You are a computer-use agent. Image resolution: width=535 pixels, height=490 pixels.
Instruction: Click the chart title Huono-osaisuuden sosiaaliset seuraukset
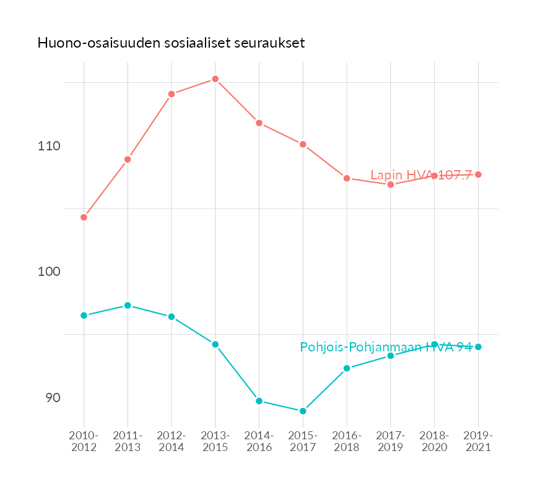(x=171, y=43)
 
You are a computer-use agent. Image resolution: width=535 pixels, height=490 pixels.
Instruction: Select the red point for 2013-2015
(x=215, y=79)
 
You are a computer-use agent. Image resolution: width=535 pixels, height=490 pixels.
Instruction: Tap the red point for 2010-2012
(x=84, y=217)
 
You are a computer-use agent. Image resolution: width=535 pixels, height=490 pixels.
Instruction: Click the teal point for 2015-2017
(x=303, y=411)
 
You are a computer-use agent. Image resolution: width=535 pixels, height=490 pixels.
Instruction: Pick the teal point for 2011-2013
(x=128, y=306)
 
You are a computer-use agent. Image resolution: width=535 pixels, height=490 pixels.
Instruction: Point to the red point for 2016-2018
(x=347, y=178)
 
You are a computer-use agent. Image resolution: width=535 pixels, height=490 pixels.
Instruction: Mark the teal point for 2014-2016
(x=259, y=401)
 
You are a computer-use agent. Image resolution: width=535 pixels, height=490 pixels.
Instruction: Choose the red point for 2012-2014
(x=172, y=94)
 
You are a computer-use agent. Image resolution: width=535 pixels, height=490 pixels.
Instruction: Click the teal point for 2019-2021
(x=478, y=347)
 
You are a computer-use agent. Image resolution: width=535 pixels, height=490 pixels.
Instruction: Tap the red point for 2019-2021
(x=478, y=174)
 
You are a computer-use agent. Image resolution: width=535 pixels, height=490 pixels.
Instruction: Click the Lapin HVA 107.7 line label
(x=421, y=175)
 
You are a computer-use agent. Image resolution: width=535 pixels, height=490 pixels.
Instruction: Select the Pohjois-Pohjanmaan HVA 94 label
(x=386, y=347)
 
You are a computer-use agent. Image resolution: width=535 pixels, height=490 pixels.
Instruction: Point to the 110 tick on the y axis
(x=48, y=147)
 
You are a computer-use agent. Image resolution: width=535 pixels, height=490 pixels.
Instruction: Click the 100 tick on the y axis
(x=48, y=272)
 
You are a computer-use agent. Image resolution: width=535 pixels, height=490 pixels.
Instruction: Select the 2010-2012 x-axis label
(x=84, y=442)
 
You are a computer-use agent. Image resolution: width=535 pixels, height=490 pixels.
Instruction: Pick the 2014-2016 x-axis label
(x=259, y=442)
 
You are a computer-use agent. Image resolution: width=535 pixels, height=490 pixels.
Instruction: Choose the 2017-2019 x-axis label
(x=391, y=442)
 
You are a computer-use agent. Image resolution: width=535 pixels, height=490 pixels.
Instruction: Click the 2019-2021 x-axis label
(x=478, y=442)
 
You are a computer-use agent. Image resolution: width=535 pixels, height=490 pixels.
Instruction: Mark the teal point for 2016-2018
(x=347, y=368)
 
